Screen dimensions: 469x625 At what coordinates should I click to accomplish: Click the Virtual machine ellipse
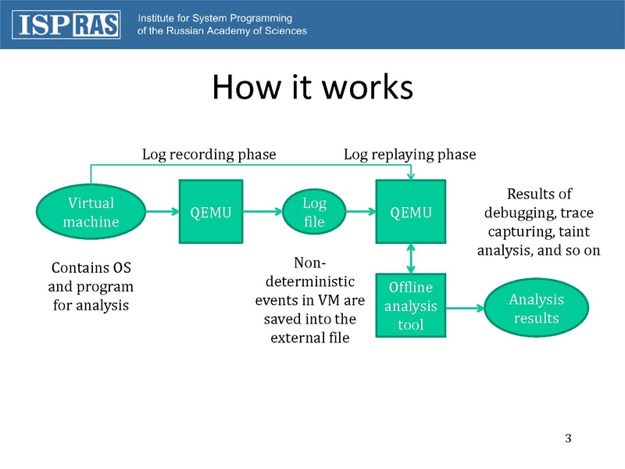point(91,212)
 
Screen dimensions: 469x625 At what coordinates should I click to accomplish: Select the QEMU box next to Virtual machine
point(211,212)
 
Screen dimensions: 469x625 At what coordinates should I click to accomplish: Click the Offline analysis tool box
point(410,305)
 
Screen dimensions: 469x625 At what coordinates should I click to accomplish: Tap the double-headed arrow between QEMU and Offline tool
point(411,258)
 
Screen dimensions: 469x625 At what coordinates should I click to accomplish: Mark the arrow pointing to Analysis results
point(466,307)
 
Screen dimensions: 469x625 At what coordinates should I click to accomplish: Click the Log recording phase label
point(209,155)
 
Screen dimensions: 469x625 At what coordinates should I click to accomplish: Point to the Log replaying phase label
point(409,155)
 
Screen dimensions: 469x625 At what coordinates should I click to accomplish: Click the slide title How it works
point(312,88)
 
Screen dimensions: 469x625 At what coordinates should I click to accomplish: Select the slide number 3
point(569,437)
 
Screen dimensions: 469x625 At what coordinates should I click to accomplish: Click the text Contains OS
point(91,269)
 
